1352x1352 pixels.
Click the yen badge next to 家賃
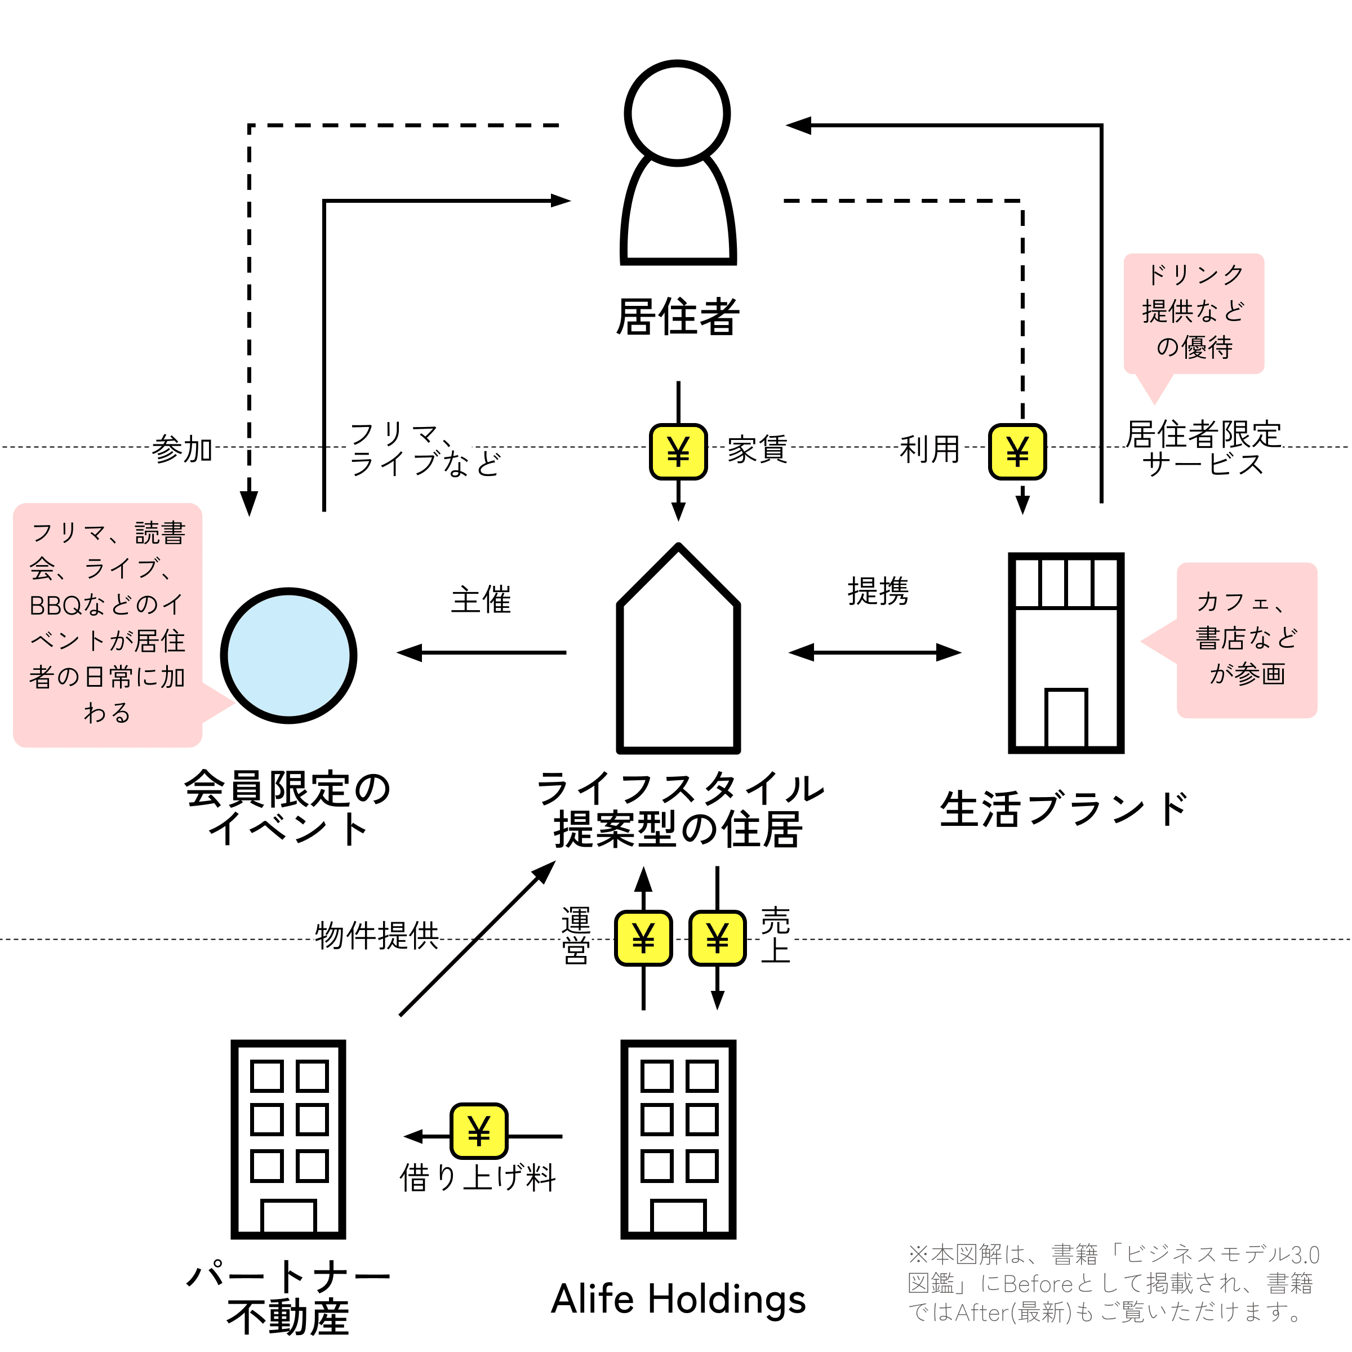[678, 451]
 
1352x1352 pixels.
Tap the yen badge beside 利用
[1017, 451]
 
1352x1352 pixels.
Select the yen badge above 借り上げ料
[479, 1131]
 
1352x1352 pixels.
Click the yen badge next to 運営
[644, 939]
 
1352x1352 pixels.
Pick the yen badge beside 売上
[717, 939]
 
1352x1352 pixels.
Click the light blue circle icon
[289, 655]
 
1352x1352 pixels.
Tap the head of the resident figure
[677, 113]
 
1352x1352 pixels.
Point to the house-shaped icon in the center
[678, 648]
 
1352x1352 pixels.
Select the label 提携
[878, 591]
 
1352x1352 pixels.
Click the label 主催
[482, 601]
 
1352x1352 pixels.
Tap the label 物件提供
[377, 936]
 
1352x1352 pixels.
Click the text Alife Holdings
[678, 1299]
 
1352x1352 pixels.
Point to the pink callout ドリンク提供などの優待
[1194, 314]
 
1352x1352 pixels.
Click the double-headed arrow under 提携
[875, 652]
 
